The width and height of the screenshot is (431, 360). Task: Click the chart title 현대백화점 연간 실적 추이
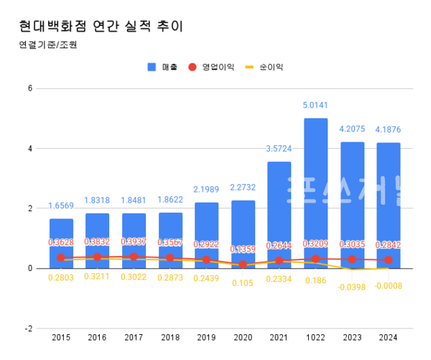(101, 27)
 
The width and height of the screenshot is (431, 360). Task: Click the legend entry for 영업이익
(211, 67)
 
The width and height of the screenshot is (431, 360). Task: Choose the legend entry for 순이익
(266, 67)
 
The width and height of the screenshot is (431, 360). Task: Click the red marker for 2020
(243, 264)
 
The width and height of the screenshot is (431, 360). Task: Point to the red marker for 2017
(134, 257)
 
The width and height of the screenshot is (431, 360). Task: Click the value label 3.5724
(279, 149)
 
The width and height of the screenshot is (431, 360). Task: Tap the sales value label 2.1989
(206, 189)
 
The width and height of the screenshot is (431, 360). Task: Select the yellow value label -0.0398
(352, 287)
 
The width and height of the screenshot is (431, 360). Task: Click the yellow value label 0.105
(243, 282)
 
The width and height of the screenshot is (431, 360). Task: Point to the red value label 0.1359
(243, 249)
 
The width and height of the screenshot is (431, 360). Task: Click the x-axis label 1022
(315, 337)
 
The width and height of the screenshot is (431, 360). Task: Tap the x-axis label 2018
(170, 337)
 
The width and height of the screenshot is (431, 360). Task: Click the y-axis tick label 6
(30, 88)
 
